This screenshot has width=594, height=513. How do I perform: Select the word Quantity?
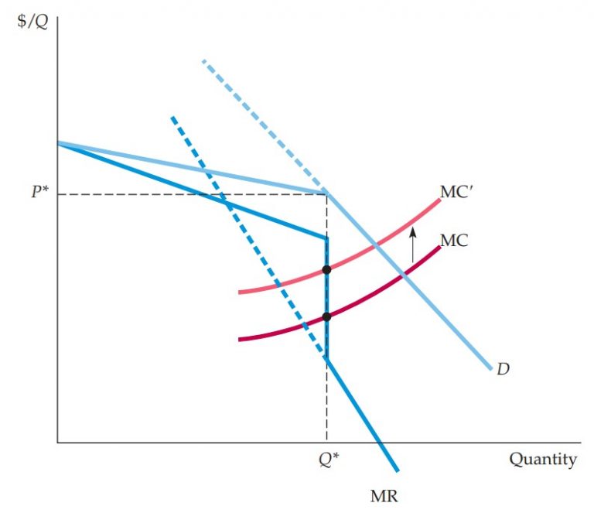coord(542,460)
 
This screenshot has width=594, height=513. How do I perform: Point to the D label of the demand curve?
coord(503,369)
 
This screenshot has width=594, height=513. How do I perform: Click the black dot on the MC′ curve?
coord(326,270)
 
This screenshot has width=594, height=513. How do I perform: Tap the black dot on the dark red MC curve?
coord(326,316)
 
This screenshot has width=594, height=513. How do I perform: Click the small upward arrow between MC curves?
coord(412,244)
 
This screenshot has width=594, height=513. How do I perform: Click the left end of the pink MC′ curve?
coord(241,292)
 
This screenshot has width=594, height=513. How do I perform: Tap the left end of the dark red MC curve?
coord(241,339)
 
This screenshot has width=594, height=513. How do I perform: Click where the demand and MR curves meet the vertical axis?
coord(58,143)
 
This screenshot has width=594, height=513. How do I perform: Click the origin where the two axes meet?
coord(57,443)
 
